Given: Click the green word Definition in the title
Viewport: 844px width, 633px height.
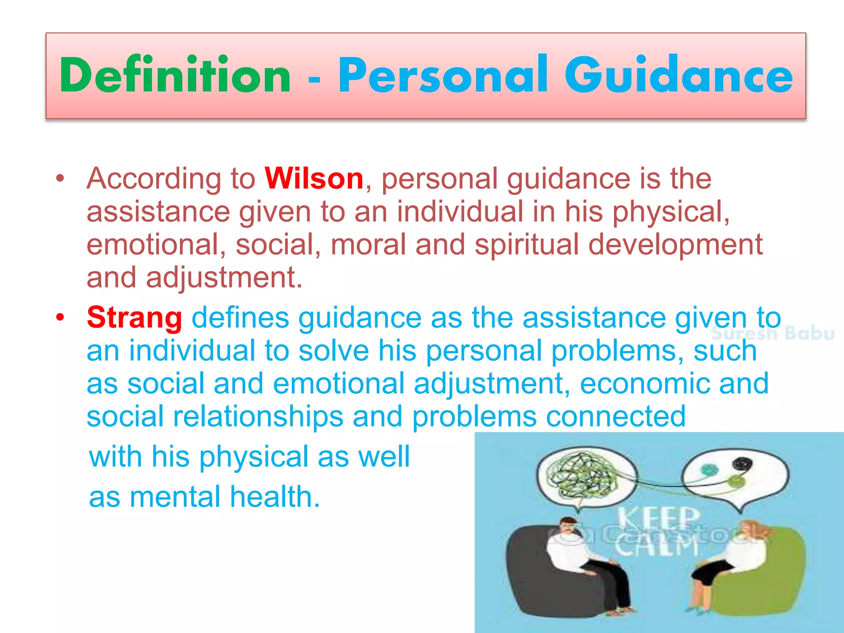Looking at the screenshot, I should point(175,75).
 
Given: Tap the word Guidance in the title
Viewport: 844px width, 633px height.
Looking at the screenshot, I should point(678,75).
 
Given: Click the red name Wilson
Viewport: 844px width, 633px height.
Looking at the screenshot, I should point(314,179).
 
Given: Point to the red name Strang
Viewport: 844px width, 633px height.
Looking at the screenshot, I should point(134,318).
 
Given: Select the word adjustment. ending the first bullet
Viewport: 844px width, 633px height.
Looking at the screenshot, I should point(224,277).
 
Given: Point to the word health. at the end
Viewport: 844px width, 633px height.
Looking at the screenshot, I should point(275,497).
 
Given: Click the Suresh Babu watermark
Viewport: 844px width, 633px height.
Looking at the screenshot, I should point(773,333).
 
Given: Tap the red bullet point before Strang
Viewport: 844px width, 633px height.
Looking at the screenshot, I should point(61,317).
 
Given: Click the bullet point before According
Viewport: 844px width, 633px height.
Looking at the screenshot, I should point(61,179).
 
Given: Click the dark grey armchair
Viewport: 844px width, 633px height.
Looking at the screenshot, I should point(536,577).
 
